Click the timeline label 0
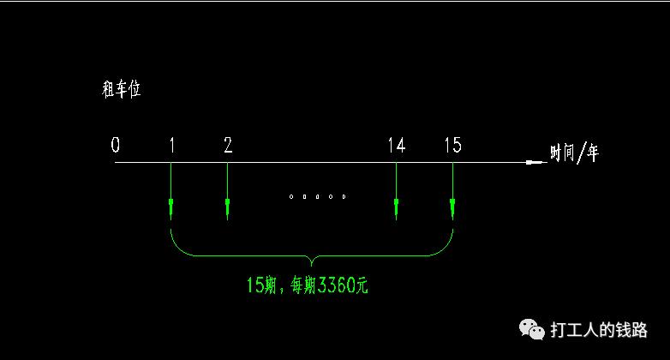tap(116, 145)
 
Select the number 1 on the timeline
tap(172, 145)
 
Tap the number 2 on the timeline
tap(228, 145)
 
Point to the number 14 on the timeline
tap(397, 146)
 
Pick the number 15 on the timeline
tap(453, 145)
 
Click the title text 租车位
tap(122, 89)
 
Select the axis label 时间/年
tap(574, 153)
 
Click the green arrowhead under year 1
tap(170, 207)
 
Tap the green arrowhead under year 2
tap(227, 207)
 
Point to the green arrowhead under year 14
tap(396, 207)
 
